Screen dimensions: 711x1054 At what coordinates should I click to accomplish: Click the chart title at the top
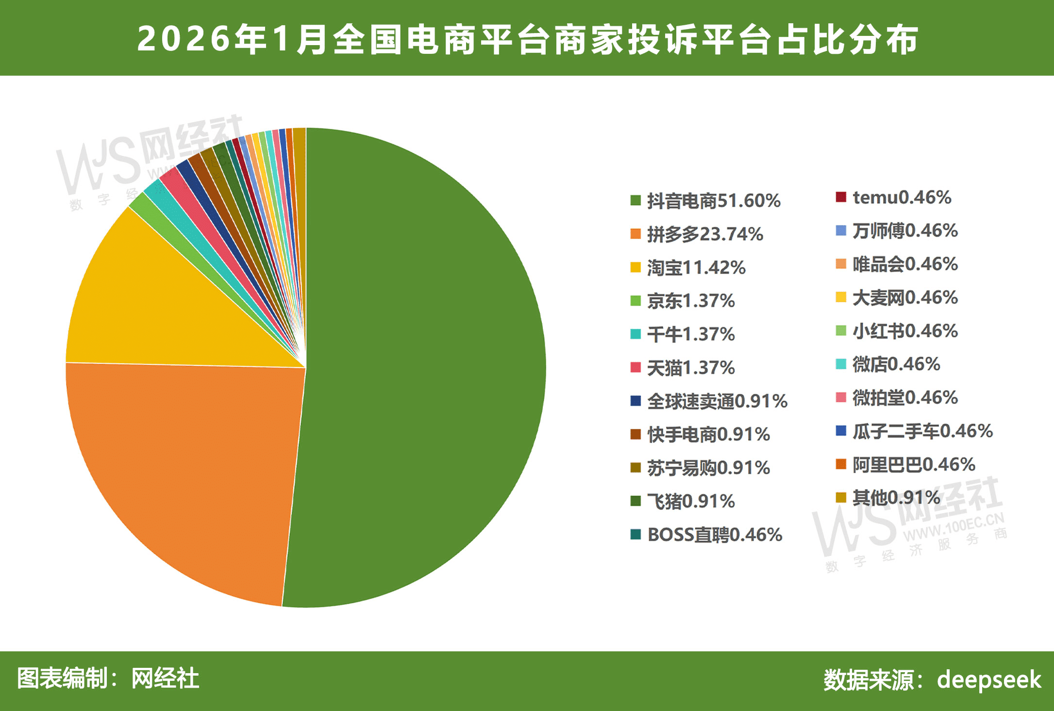[527, 39]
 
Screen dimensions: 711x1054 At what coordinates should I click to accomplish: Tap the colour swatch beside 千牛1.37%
[636, 334]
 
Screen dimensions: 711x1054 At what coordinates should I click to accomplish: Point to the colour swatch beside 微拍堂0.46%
[841, 398]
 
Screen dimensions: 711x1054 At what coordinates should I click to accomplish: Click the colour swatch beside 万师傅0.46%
[841, 230]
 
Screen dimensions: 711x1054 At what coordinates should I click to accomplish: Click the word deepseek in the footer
[988, 679]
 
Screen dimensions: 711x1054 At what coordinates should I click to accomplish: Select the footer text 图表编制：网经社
[108, 678]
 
